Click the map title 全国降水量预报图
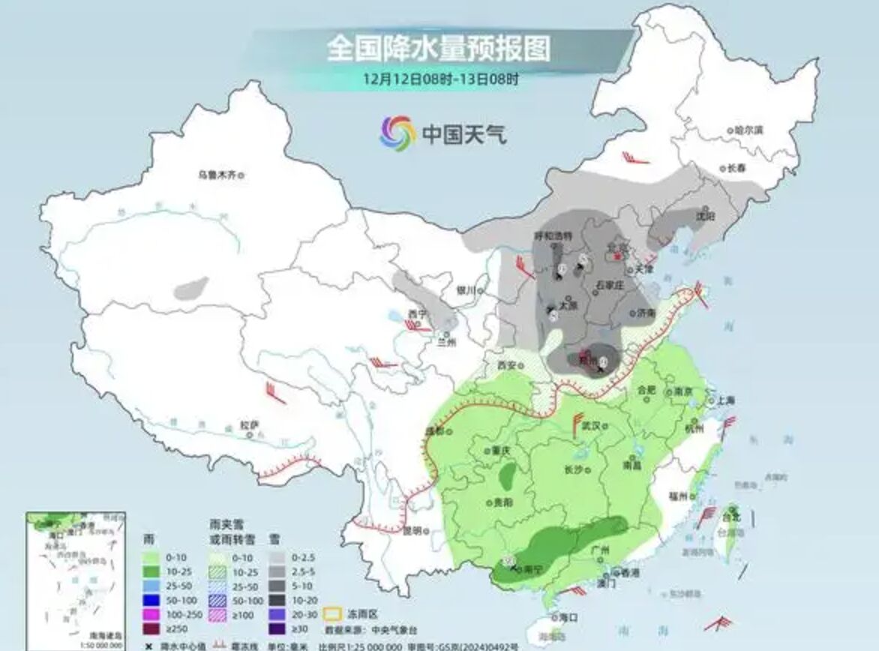point(438,49)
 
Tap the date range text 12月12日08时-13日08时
point(439,77)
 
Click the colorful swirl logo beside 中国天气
point(397,133)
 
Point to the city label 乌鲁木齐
point(217,175)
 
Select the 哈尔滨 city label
point(748,130)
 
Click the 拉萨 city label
point(249,425)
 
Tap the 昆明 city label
point(412,531)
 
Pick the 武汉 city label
point(592,425)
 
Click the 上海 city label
point(725,400)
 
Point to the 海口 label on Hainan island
point(568,616)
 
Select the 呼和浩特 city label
point(553,235)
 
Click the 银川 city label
point(466,290)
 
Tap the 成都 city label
point(434,431)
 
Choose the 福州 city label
point(678,496)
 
